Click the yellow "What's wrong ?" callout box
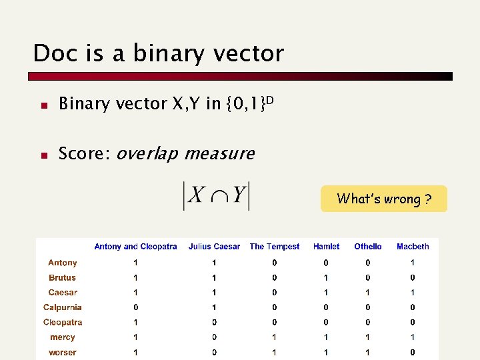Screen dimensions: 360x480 click(x=383, y=199)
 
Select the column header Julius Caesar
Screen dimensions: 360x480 click(x=214, y=247)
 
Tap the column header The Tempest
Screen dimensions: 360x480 click(x=275, y=247)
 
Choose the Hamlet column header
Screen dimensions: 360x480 click(x=326, y=247)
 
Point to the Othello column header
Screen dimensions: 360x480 click(x=368, y=247)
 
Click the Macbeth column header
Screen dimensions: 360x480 click(x=413, y=247)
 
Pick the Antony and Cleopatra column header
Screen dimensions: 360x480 click(x=136, y=247)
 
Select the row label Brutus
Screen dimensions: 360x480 click(x=63, y=278)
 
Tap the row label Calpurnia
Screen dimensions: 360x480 click(x=63, y=308)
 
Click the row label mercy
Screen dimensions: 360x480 click(x=63, y=338)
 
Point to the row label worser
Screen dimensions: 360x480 click(x=63, y=353)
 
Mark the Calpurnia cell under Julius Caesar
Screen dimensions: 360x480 click(x=214, y=308)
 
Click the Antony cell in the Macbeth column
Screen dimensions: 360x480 click(x=413, y=263)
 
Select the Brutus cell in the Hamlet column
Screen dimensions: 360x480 click(x=326, y=278)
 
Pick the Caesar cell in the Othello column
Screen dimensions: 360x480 click(x=368, y=293)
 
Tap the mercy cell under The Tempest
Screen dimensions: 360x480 click(x=275, y=338)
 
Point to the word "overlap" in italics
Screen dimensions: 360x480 click(x=147, y=154)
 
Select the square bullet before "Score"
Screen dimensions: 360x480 click(x=43, y=155)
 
